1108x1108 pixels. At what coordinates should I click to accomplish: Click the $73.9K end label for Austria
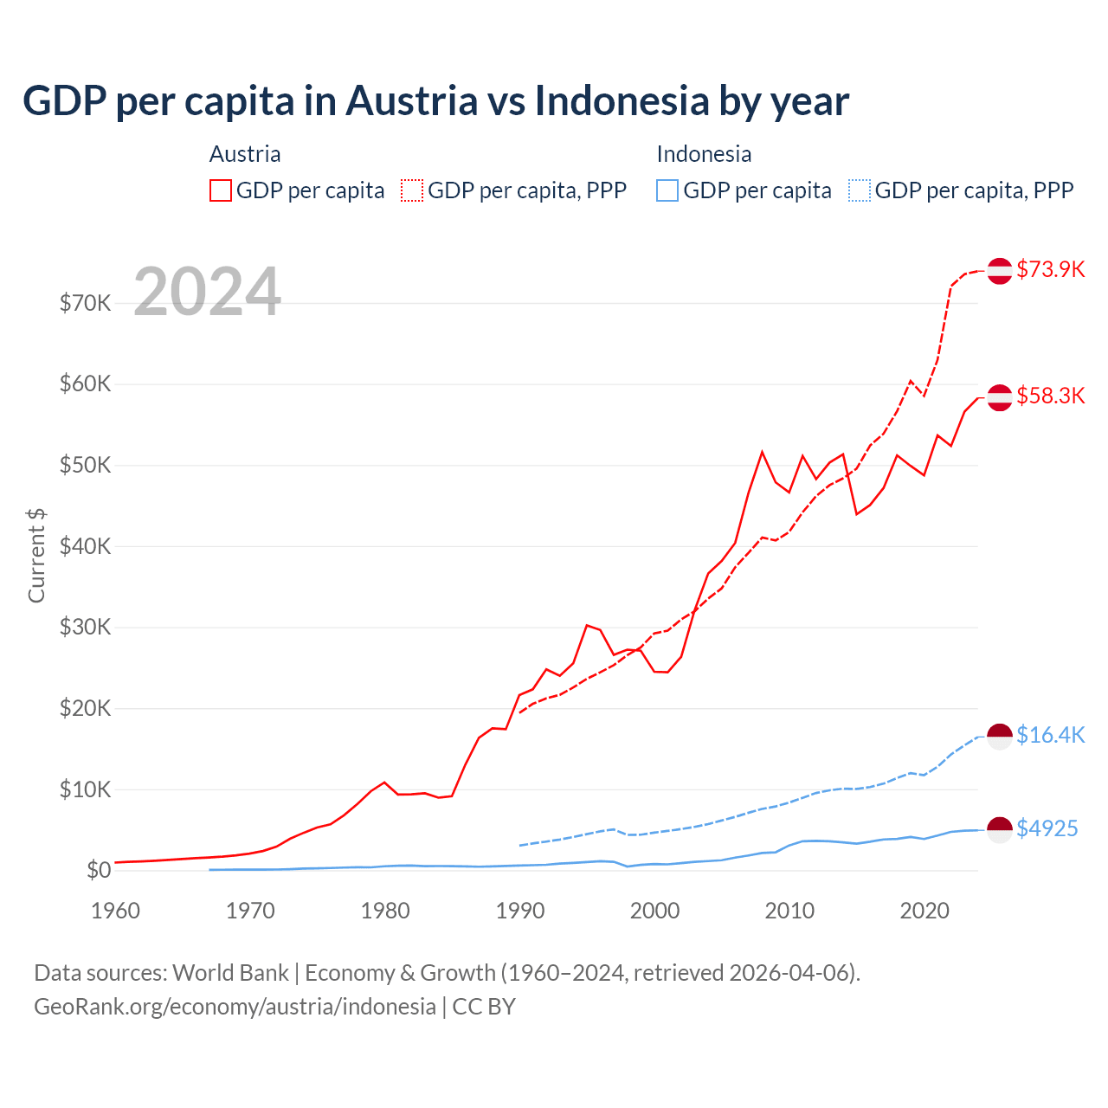coord(1050,269)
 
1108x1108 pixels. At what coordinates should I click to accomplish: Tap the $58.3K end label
coord(1050,396)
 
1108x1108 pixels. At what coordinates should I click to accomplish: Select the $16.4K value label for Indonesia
coord(1050,735)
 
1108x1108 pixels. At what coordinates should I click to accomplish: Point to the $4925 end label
coord(1047,828)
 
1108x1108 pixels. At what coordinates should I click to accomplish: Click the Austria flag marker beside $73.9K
coord(1000,270)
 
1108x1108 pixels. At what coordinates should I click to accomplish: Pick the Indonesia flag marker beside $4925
coord(1000,829)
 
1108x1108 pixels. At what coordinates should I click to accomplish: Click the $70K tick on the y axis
coord(85,303)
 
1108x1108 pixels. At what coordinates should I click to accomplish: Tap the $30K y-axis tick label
coord(85,627)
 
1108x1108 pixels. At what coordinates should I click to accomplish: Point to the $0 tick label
coord(99,870)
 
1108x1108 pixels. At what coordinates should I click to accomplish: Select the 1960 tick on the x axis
coord(115,911)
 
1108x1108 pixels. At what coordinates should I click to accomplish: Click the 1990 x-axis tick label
coord(520,911)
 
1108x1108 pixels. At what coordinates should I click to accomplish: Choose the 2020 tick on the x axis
coord(924,911)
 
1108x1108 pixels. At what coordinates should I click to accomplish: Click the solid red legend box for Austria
coord(221,190)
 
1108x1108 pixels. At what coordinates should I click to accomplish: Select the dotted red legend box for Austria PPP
coord(412,190)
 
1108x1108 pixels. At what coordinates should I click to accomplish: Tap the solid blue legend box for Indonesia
coord(667,190)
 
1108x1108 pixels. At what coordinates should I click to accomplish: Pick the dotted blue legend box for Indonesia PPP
coord(860,190)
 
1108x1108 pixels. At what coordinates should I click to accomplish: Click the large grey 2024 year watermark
coord(207,292)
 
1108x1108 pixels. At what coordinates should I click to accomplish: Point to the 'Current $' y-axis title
coord(36,555)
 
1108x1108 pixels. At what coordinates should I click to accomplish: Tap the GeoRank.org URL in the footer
coord(235,1006)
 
